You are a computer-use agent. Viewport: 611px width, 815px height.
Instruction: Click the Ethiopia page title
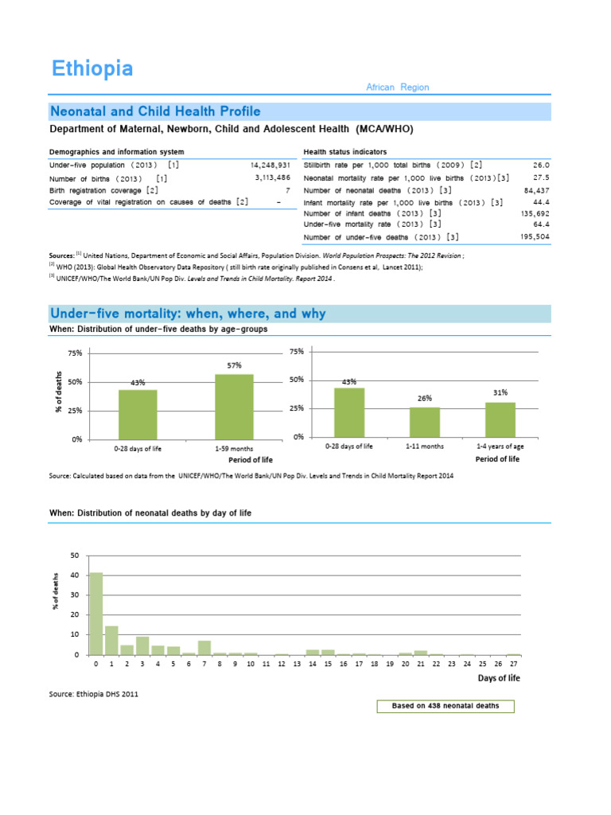tap(92, 68)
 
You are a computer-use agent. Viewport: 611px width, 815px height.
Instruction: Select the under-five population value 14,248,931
tap(269, 165)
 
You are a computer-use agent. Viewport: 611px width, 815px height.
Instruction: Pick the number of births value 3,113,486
tap(273, 178)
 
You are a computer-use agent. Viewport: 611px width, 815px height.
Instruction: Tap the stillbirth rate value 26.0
tap(541, 165)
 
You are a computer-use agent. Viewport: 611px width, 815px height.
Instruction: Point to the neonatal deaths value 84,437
tap(534, 190)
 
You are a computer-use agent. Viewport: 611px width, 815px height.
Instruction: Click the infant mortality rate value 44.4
tap(541, 202)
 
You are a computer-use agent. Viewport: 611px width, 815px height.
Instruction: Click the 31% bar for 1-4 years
tap(500, 419)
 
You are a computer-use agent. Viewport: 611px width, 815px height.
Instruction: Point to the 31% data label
tap(500, 392)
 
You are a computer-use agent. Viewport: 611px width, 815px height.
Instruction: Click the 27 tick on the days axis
tap(514, 663)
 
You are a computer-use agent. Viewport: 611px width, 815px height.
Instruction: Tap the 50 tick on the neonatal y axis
tap(76, 555)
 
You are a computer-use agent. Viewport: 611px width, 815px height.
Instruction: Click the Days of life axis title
tap(499, 678)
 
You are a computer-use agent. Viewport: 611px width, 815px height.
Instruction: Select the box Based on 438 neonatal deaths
tap(446, 706)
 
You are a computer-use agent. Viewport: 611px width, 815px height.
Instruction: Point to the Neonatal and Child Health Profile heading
tap(155, 111)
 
